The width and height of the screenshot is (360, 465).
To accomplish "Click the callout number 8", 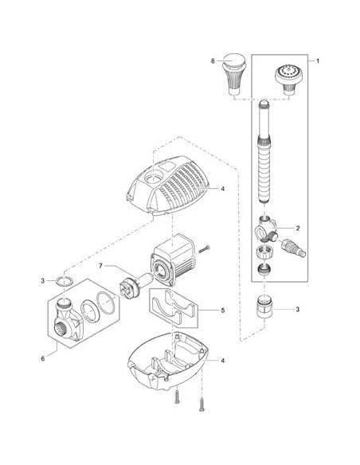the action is pos(213,61).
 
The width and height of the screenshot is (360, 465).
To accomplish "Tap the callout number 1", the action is pos(318,61).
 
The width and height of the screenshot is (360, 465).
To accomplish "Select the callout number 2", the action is pos(298,228).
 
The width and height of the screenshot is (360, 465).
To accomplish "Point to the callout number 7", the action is pos(100,266).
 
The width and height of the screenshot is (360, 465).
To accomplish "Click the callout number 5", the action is pos(223,311).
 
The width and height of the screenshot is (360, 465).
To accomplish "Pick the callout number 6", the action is pos(43,358).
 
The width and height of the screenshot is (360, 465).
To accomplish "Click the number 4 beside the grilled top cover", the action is pos(223,189).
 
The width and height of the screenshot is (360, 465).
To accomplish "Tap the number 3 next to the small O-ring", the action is pos(43,280).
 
